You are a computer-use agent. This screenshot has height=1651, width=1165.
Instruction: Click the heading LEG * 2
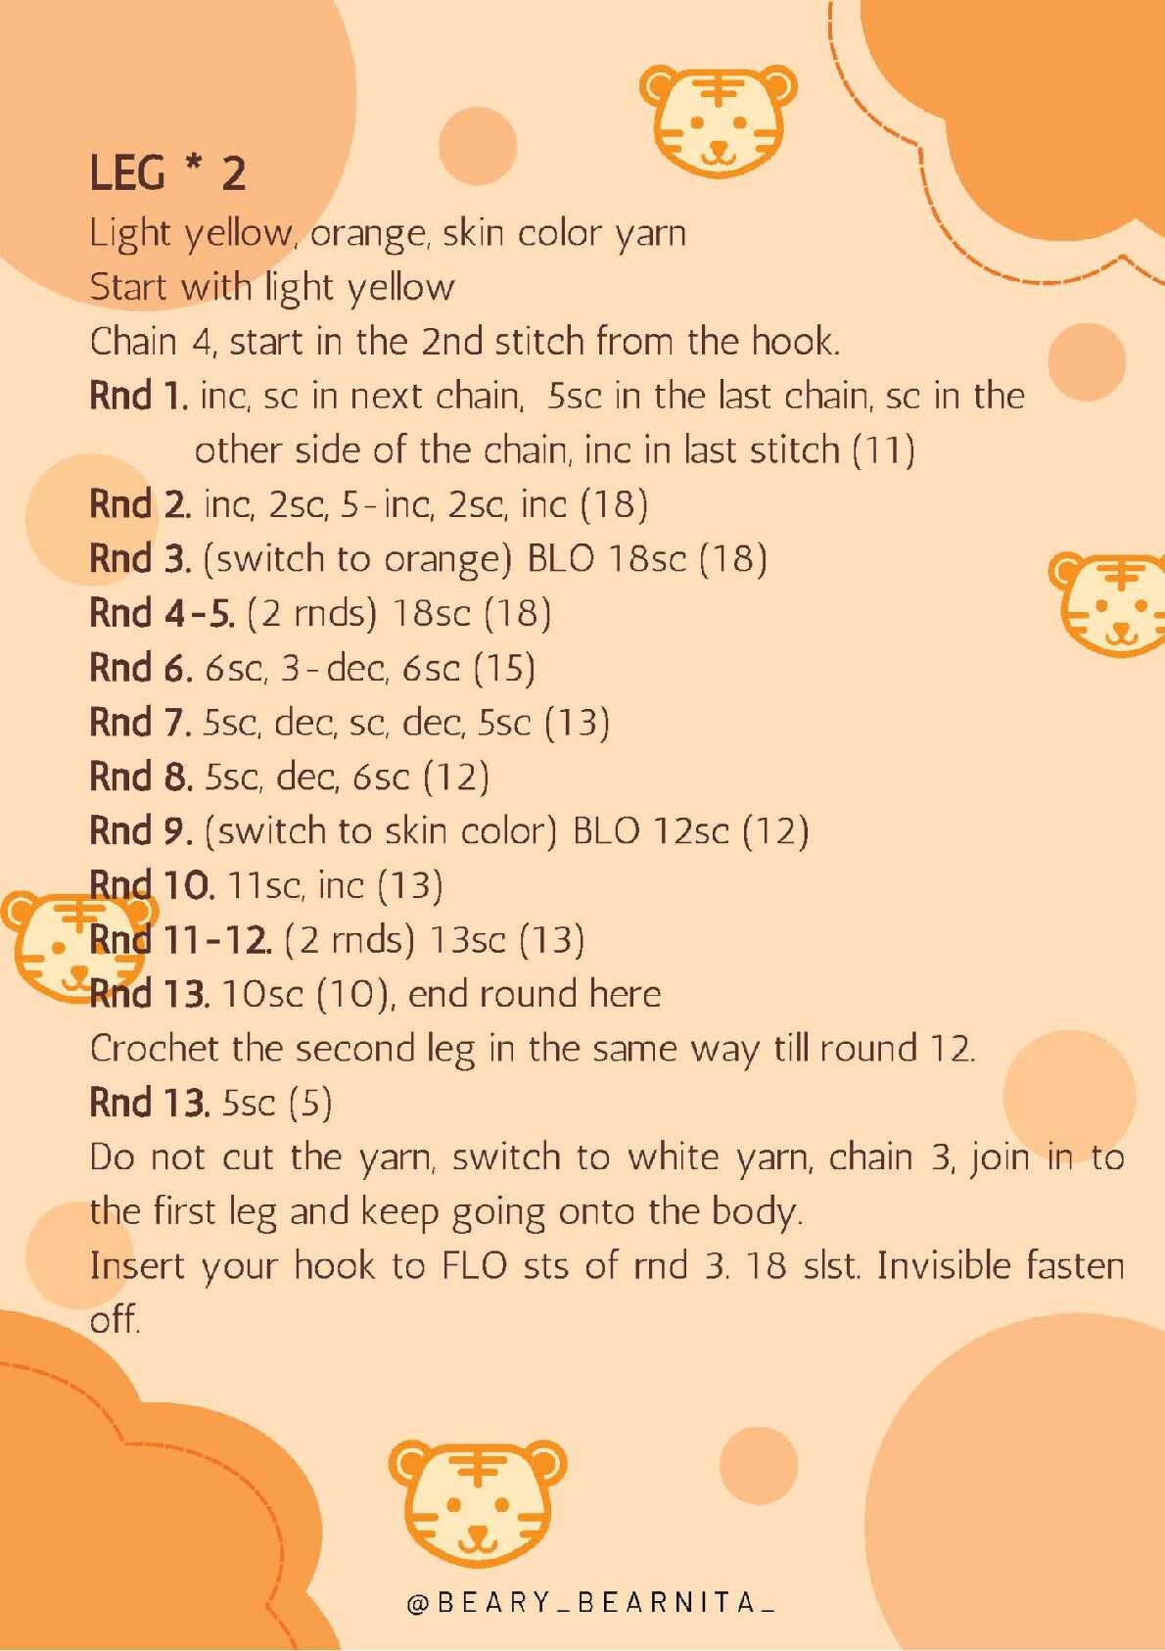click(167, 174)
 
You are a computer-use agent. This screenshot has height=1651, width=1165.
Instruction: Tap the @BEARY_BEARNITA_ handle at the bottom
click(590, 1602)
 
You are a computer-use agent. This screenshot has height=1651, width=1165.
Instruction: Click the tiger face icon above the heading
click(719, 120)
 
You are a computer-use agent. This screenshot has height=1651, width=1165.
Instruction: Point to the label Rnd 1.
click(139, 396)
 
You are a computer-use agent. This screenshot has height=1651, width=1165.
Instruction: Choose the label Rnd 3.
click(140, 559)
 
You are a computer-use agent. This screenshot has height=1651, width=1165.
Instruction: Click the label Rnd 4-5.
click(163, 613)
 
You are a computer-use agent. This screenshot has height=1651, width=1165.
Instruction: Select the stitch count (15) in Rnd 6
click(503, 668)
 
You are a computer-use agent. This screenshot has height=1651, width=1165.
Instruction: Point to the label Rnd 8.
click(141, 777)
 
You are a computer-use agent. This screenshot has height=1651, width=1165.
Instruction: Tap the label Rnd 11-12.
click(180, 940)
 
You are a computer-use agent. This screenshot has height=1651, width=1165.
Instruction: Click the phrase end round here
click(535, 994)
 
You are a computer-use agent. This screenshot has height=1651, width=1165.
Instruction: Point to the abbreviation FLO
click(475, 1266)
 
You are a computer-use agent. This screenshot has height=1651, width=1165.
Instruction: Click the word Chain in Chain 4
click(132, 342)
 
